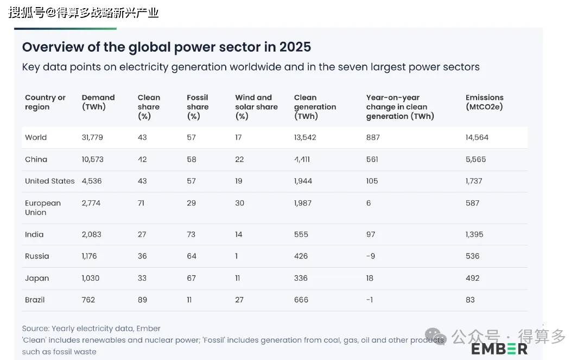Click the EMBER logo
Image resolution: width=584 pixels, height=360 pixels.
point(499,349)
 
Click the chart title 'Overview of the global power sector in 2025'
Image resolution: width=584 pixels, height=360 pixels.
point(167,47)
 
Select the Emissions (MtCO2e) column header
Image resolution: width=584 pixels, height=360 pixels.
point(484,102)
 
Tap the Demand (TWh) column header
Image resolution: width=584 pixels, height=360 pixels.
point(98,102)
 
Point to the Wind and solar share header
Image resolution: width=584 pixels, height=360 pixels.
point(256,106)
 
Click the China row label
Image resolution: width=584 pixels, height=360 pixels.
point(36,160)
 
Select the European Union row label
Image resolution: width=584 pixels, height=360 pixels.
point(42,207)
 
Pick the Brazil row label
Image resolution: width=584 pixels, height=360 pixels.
point(35,300)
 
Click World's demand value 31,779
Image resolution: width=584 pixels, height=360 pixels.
point(92,137)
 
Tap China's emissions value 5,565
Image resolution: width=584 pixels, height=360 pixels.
point(475,160)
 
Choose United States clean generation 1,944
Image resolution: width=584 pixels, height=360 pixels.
point(303,181)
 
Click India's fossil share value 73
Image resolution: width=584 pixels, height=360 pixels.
point(191,235)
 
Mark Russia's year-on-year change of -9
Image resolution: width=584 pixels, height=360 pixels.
point(371,256)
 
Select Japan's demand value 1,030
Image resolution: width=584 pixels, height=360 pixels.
point(91,278)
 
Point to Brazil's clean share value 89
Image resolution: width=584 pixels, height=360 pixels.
point(142,300)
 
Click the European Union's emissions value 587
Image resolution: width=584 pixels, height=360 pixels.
point(472,203)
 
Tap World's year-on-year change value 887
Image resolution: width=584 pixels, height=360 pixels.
point(373,137)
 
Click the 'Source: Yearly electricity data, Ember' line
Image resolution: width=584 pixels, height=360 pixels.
point(91,329)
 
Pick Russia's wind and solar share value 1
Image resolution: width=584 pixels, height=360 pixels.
point(237,256)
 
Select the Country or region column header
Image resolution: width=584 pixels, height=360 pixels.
point(45,102)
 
